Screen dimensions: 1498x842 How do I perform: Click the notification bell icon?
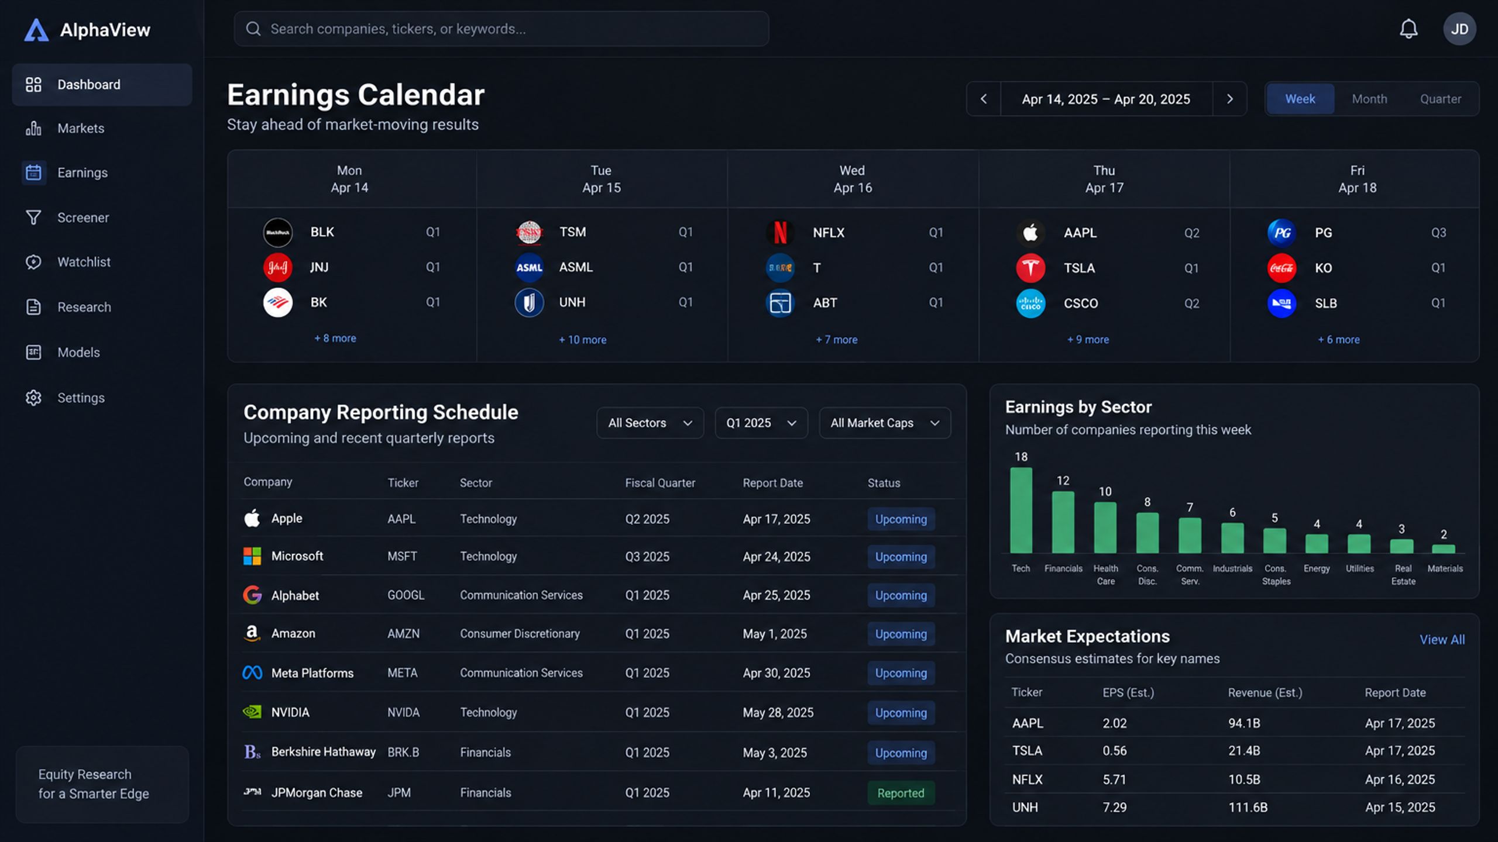tap(1408, 29)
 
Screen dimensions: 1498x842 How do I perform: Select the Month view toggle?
tap(1369, 99)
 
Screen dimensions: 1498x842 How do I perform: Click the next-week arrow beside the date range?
tap(1229, 99)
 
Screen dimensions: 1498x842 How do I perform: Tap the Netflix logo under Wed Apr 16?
tap(780, 232)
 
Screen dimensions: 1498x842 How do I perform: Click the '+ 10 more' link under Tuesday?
tap(582, 340)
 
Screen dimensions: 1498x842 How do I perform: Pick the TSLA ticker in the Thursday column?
tap(1079, 268)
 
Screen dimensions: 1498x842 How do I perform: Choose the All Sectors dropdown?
tap(650, 423)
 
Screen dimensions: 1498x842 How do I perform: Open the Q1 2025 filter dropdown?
tap(761, 423)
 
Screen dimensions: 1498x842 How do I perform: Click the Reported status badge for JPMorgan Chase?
tap(901, 793)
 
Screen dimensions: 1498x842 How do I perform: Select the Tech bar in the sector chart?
tap(1021, 510)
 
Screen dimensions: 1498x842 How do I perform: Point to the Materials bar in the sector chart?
tap(1444, 549)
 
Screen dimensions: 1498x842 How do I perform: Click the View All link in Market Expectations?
tap(1442, 640)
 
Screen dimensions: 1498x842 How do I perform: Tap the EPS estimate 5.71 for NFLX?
tap(1114, 779)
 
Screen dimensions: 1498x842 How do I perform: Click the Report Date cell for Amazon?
tap(775, 634)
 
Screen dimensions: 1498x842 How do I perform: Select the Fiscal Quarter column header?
tap(660, 483)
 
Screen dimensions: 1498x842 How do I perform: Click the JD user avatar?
tap(1459, 29)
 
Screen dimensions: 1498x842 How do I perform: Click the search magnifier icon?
tap(253, 29)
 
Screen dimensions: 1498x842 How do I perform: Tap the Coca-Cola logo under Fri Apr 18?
tap(1281, 268)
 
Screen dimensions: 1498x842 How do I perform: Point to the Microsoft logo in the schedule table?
tap(252, 556)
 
